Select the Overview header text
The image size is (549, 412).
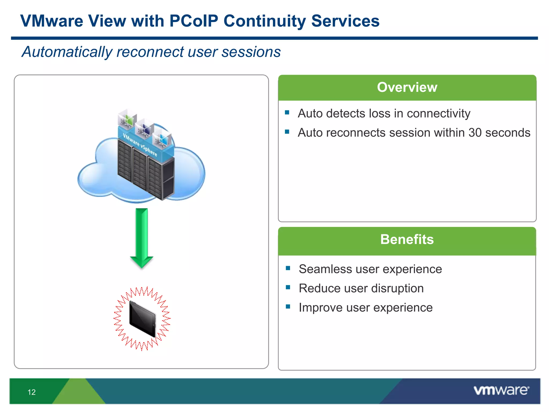(407, 87)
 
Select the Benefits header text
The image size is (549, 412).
(407, 239)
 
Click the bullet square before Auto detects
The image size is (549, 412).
(287, 112)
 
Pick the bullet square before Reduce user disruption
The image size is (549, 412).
(288, 288)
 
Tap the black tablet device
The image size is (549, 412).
(142, 318)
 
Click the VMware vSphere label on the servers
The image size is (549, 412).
(140, 145)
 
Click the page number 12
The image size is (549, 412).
(32, 392)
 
